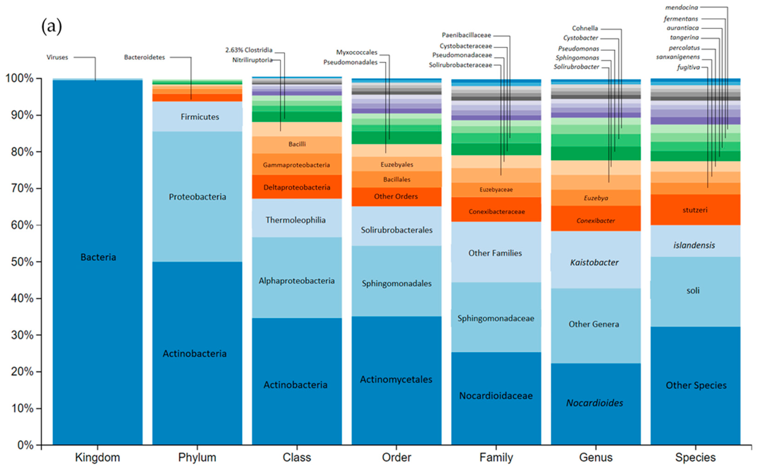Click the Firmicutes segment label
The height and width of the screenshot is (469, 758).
click(200, 117)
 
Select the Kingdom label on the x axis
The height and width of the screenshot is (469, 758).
click(97, 457)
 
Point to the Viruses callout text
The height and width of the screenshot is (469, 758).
click(57, 57)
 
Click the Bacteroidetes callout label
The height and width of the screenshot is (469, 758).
click(144, 57)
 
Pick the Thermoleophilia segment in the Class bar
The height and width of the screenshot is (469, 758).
click(296, 220)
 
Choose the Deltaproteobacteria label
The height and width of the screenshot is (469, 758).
click(297, 187)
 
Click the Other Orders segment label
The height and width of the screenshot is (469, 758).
click(396, 196)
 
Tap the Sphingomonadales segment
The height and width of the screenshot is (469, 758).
click(397, 283)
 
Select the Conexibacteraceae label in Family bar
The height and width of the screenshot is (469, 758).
click(496, 212)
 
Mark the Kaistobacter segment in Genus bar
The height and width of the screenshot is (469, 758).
click(594, 262)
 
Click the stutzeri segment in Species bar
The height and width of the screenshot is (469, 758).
click(695, 210)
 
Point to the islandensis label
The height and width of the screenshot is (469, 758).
click(694, 245)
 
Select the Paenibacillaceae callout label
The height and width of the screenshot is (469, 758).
click(466, 35)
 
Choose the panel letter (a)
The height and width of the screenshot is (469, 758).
click(51, 27)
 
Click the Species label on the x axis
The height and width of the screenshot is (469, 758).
click(695, 457)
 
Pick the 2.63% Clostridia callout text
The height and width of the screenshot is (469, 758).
click(249, 50)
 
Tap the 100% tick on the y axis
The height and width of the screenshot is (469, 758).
click(20, 79)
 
